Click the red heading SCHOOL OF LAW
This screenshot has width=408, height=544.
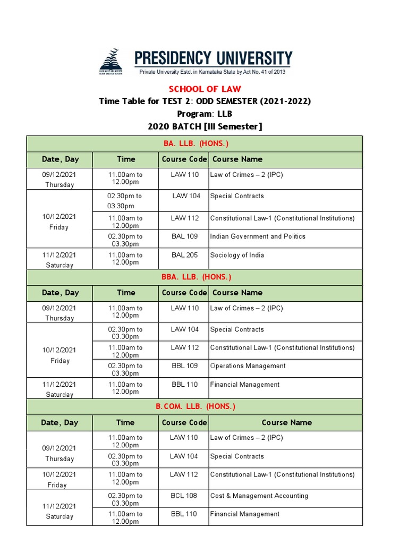205,89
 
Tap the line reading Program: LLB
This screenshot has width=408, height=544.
205,114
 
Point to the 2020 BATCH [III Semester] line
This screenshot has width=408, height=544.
205,126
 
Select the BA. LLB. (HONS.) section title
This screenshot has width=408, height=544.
195,144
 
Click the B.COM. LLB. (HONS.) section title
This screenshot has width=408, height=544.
195,406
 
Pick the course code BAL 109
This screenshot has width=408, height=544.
184,236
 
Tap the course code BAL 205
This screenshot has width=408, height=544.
184,255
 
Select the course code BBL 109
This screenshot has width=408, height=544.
184,366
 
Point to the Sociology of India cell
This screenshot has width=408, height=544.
237,255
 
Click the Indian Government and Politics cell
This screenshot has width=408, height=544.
258,236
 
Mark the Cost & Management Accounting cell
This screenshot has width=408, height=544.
259,496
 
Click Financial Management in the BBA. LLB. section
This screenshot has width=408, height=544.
244,385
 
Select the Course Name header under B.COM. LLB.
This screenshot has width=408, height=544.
286,423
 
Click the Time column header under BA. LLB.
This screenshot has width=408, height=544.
126,159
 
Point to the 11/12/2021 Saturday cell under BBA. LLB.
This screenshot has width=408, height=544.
59,389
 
